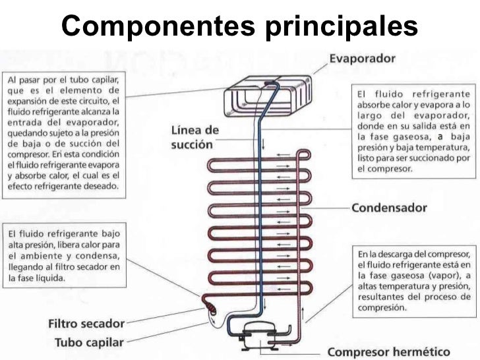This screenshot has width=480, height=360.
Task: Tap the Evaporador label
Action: pyautogui.click(x=362, y=58)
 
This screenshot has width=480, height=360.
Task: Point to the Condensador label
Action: pyautogui.click(x=389, y=208)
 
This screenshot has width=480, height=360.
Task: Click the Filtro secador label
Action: pyautogui.click(x=86, y=324)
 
